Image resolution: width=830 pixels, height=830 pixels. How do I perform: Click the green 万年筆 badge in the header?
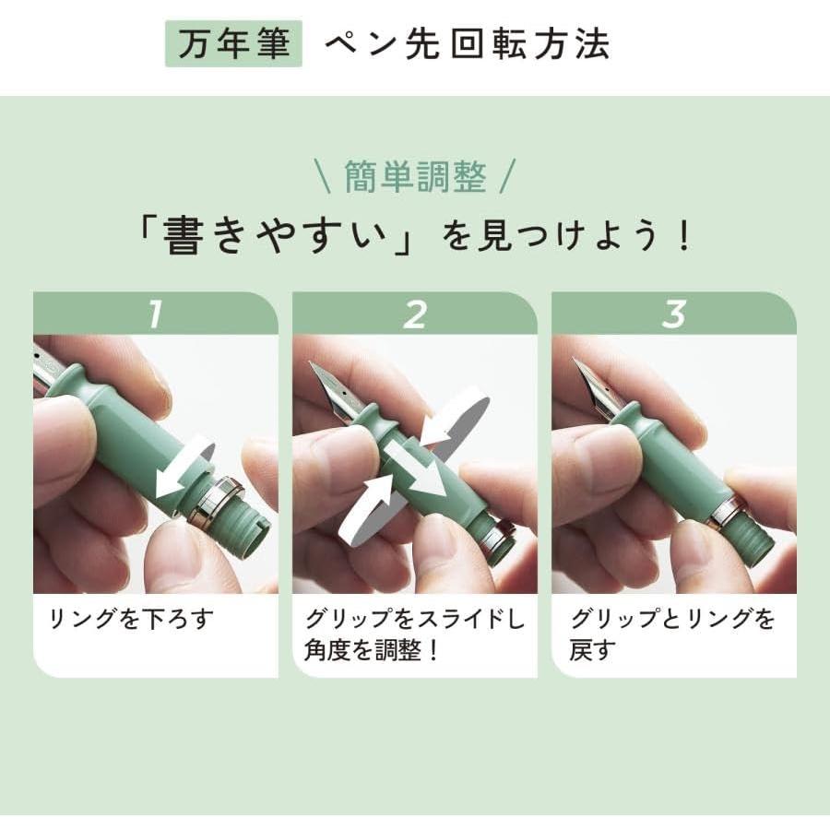(233, 43)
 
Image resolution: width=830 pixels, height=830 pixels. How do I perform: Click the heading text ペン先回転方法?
(467, 44)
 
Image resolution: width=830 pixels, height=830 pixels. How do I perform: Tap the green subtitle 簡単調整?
(414, 176)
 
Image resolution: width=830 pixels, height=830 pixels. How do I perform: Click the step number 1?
(155, 314)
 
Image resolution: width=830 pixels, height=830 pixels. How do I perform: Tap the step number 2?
(415, 314)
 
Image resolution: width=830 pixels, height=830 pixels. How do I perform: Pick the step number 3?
(674, 314)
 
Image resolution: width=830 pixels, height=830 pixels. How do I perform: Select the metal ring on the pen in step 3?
(729, 512)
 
